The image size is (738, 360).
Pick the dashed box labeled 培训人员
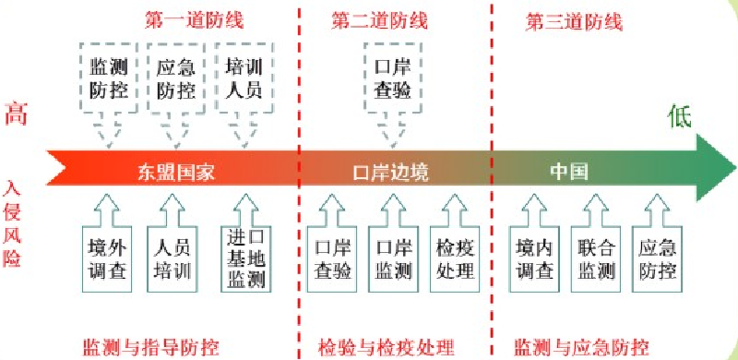coord(244,79)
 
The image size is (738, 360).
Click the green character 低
coord(680,115)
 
